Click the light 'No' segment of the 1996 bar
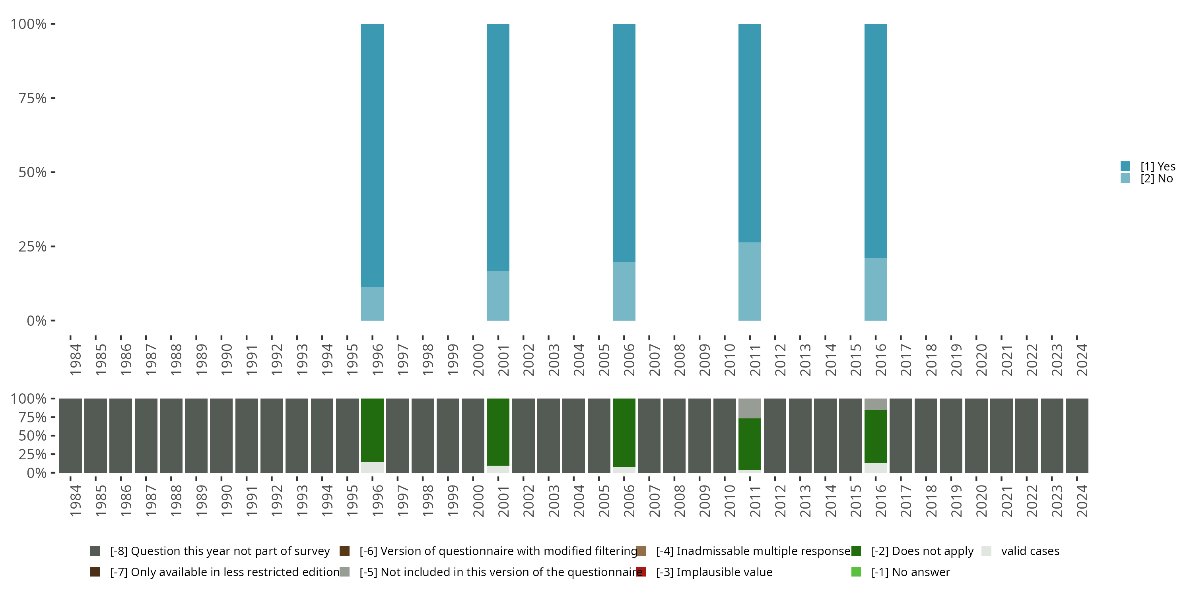372,304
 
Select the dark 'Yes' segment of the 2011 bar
749,133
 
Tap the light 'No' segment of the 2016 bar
875,289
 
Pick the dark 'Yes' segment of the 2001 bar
498,147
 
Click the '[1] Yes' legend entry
1157,166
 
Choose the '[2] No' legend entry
1156,179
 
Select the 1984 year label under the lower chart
75,501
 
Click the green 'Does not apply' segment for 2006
624,432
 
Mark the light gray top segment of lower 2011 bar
749,408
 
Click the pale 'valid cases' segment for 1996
372,467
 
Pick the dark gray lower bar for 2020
976,435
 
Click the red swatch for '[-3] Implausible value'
641,572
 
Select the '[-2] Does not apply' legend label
922,551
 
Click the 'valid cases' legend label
1030,551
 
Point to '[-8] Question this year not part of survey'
220,551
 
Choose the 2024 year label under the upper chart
1081,360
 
